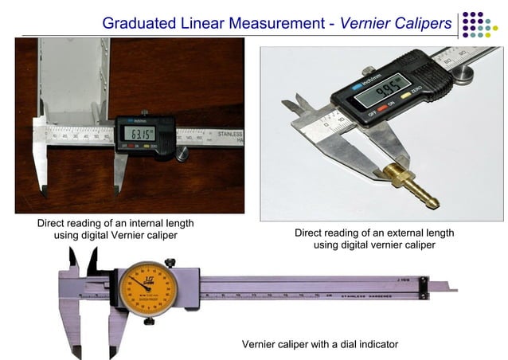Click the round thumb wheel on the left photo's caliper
click(182, 153)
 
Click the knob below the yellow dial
click(149, 320)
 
